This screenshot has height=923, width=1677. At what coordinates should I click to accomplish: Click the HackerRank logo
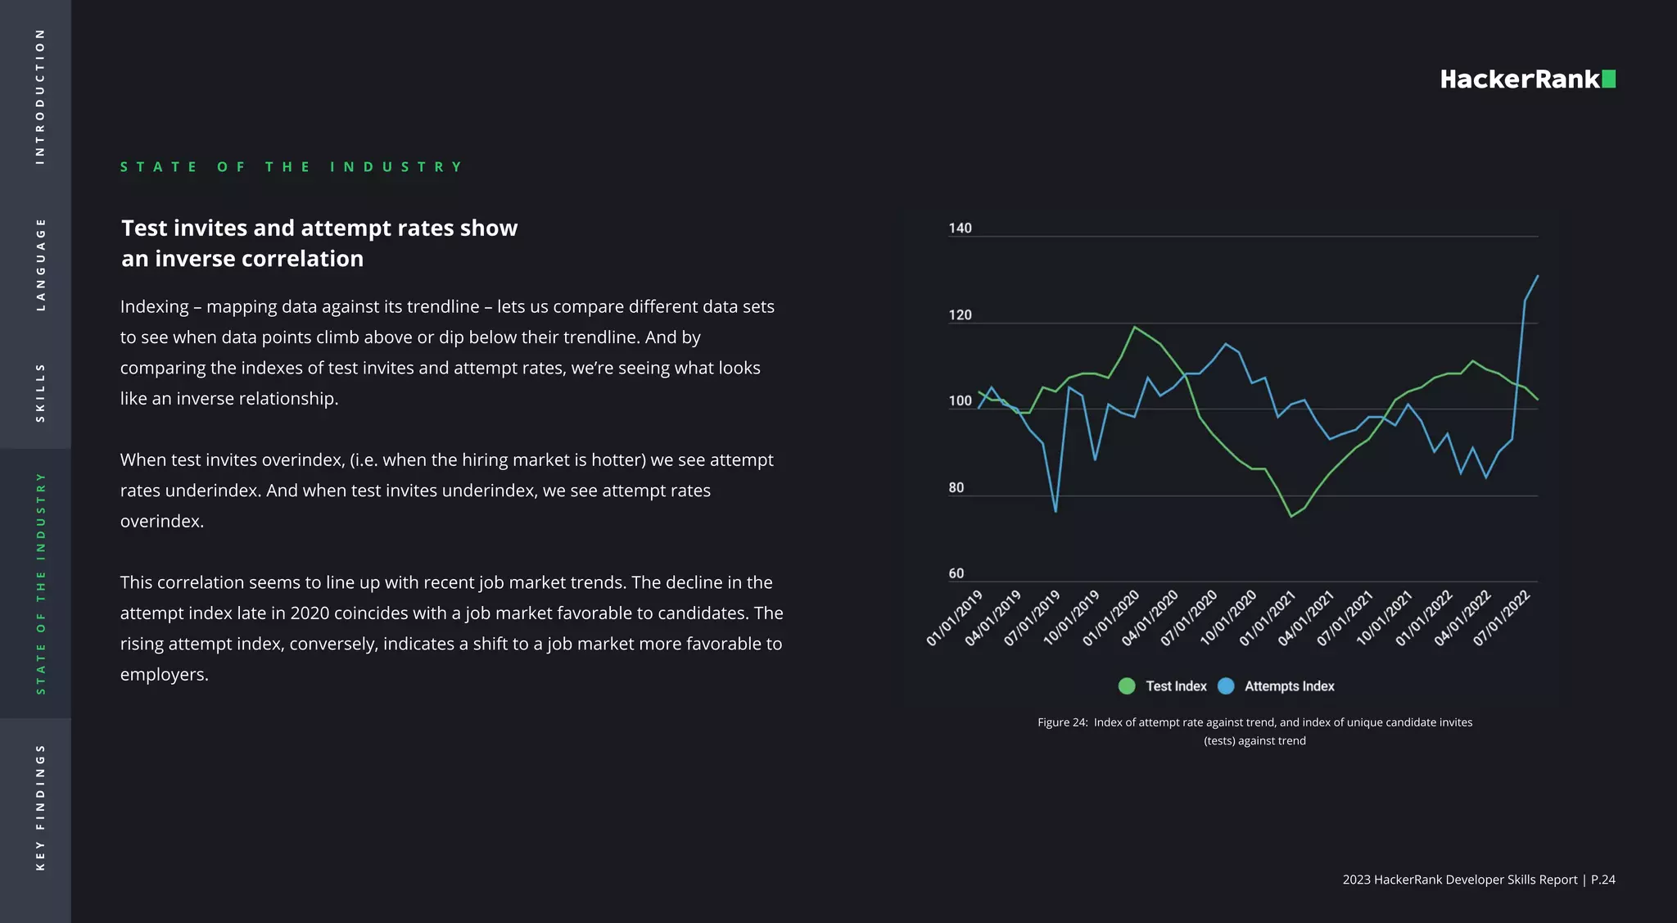click(1527, 79)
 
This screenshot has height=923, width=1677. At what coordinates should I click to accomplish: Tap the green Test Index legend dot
click(1127, 686)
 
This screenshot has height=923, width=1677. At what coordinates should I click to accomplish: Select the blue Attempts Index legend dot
click(1226, 686)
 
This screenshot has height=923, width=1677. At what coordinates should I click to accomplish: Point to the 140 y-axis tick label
click(960, 228)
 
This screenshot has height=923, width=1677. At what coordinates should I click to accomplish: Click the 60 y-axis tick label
click(956, 573)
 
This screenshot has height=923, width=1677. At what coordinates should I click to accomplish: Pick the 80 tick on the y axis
click(956, 487)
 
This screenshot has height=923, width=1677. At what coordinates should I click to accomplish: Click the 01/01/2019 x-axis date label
click(955, 618)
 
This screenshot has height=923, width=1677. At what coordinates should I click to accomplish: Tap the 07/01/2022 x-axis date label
click(1502, 618)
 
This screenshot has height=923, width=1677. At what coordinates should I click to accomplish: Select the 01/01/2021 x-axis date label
click(1268, 618)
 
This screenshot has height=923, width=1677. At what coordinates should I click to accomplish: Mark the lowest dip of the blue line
click(1055, 512)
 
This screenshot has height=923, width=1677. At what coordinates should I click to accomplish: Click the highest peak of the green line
click(1134, 328)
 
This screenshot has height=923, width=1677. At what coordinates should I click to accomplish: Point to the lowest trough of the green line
click(1291, 516)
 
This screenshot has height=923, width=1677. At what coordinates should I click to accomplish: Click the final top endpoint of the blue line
click(1538, 276)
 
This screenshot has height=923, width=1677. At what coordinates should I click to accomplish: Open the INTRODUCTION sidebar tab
click(40, 97)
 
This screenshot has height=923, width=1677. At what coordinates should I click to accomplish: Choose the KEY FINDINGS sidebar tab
click(40, 808)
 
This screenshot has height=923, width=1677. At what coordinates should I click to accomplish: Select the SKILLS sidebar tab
click(40, 393)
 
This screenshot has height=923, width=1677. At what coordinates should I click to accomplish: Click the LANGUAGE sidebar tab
click(40, 265)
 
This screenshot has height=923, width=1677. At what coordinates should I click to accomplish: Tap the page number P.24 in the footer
click(1602, 880)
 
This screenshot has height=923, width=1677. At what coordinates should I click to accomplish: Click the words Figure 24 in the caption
click(1062, 722)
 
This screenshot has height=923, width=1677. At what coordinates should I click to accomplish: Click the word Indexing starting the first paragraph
click(155, 306)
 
